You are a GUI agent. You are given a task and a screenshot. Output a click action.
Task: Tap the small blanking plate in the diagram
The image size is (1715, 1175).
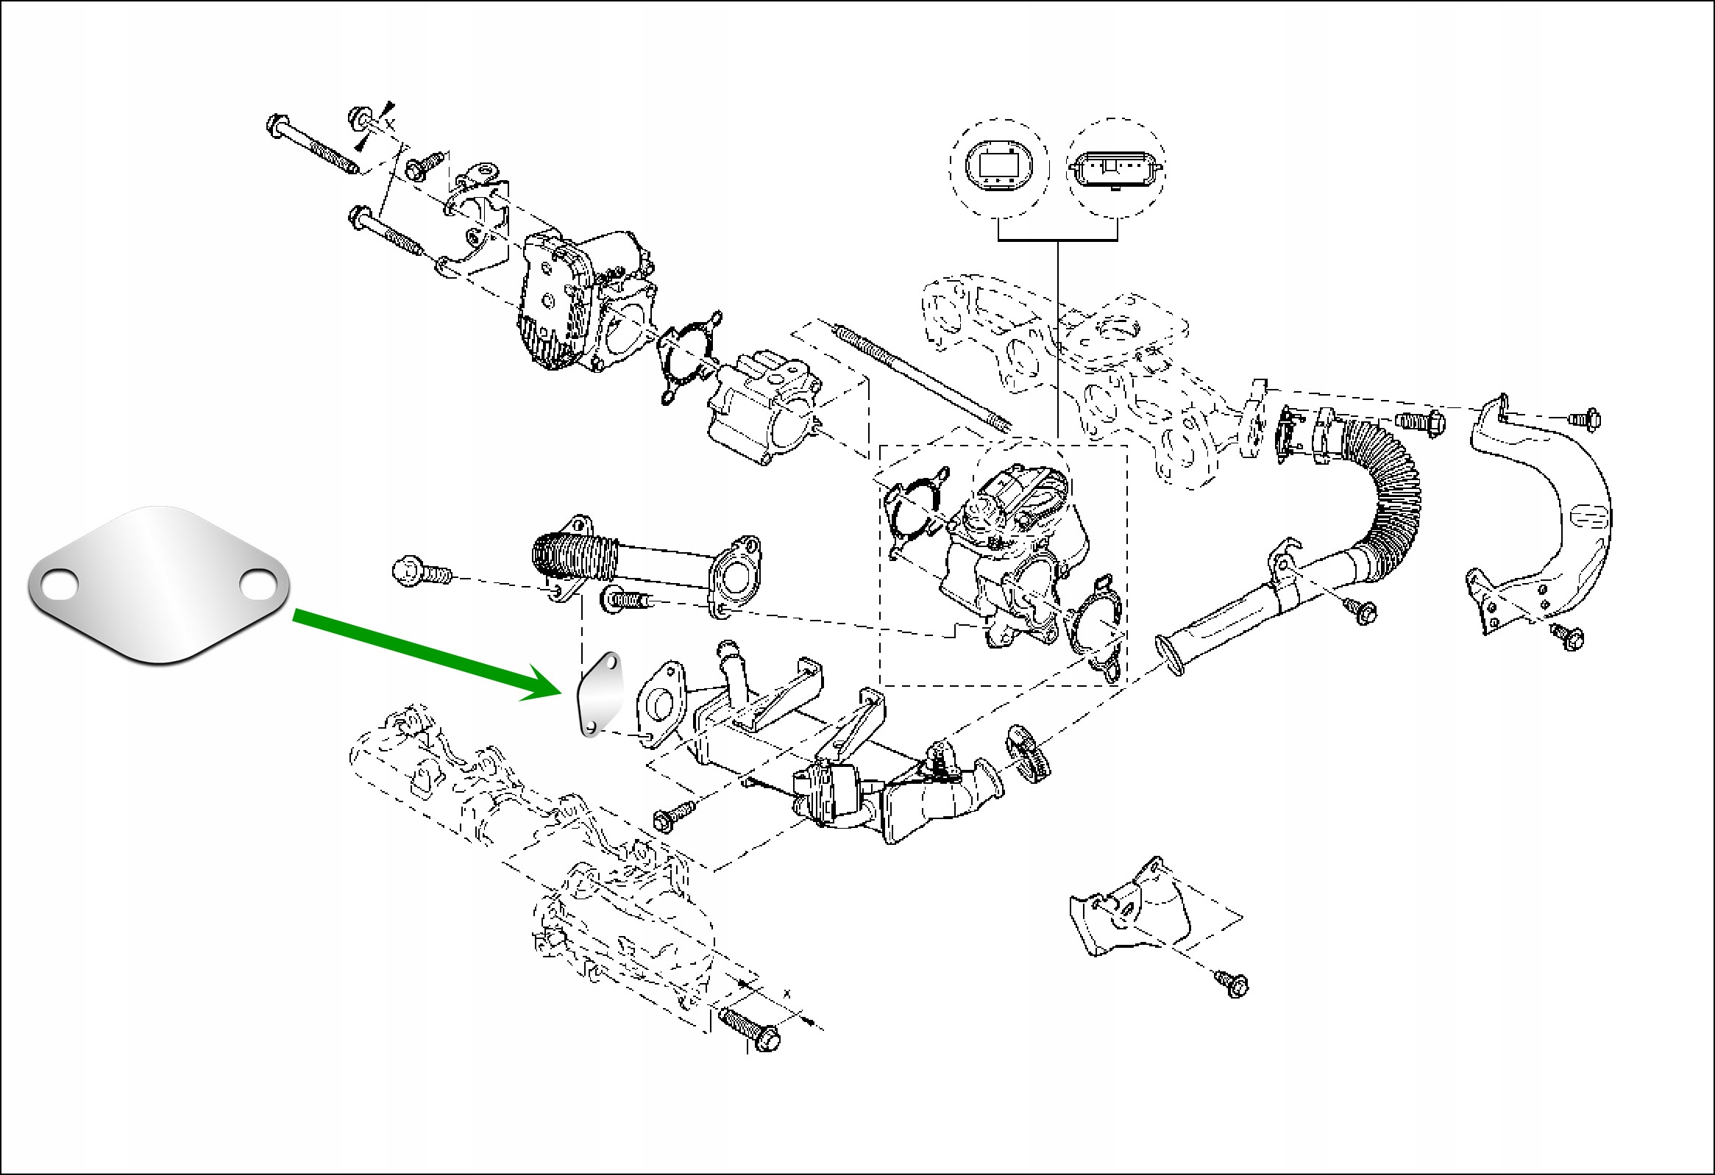[599, 694]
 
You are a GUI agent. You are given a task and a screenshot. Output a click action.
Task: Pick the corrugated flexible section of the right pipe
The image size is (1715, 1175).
[1391, 479]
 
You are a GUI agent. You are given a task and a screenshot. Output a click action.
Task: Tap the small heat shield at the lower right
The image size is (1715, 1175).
[1129, 911]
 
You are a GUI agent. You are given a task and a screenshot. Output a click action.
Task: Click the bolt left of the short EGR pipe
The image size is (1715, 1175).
[421, 572]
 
